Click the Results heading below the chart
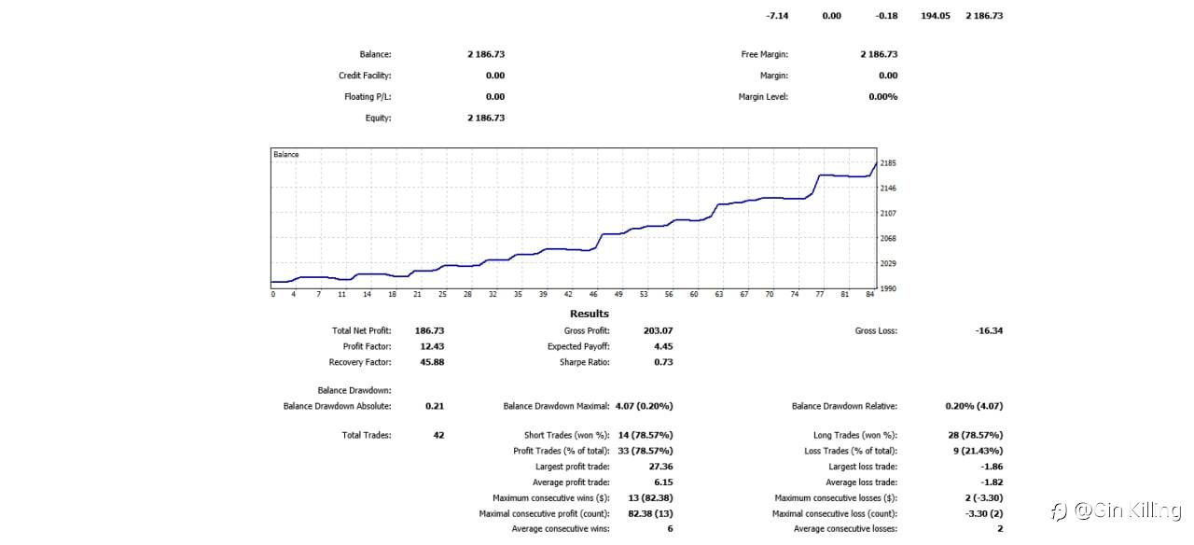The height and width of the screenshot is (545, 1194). [589, 314]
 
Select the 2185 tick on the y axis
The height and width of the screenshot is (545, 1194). [888, 163]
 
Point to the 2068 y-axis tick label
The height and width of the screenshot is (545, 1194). [888, 239]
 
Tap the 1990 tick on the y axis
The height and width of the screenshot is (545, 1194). [888, 289]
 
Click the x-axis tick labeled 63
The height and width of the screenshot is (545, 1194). [719, 295]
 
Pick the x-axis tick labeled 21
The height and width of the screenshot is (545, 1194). [417, 295]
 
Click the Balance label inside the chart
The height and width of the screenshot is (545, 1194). [286, 154]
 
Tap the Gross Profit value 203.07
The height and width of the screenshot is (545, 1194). [658, 330]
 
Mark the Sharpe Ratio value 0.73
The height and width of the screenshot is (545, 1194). [663, 362]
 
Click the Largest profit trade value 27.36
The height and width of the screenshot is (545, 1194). [660, 466]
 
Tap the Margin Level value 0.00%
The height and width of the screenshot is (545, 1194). [882, 97]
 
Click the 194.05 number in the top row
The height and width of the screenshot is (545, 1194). [936, 16]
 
